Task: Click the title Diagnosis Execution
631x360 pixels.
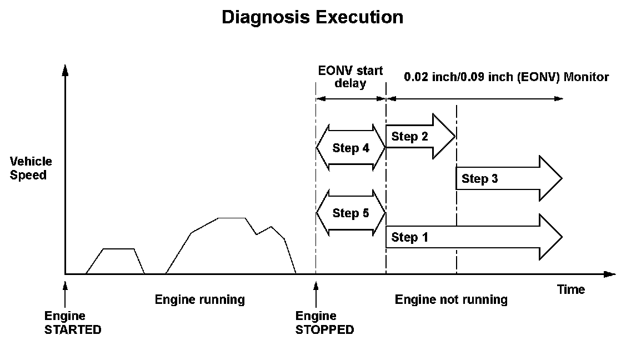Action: (312, 17)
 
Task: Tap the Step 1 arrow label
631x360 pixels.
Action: (410, 237)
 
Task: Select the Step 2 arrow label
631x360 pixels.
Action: (410, 137)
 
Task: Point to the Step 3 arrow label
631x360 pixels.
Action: (480, 178)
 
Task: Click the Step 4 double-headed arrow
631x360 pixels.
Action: (350, 148)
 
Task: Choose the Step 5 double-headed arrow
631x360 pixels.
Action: (350, 213)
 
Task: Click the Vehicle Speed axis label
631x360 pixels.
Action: (31, 168)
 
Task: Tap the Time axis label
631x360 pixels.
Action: (571, 289)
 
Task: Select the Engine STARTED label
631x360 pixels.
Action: (73, 323)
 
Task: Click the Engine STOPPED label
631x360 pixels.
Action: (324, 323)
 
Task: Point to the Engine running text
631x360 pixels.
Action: (199, 300)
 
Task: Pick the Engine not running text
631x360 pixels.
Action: (451, 300)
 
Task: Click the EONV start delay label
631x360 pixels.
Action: (350, 77)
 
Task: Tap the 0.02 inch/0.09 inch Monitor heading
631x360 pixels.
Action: (506, 77)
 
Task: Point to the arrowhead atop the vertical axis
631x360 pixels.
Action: (66, 71)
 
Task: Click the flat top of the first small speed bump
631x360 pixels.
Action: (119, 249)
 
